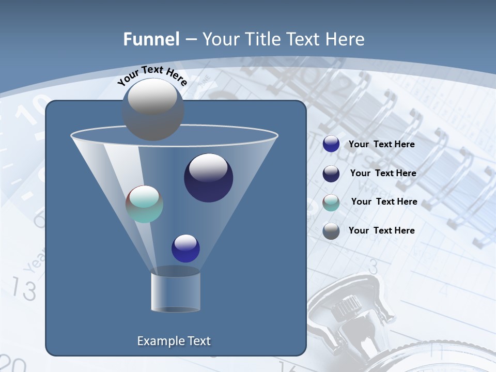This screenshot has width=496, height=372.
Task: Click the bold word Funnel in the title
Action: (151, 39)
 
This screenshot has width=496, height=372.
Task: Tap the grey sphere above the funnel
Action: (153, 110)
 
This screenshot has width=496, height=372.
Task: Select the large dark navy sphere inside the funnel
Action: (209, 178)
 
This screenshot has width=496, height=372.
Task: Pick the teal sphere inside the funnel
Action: (144, 204)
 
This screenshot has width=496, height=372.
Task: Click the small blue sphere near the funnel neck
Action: (185, 248)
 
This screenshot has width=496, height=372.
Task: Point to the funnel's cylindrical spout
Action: (176, 292)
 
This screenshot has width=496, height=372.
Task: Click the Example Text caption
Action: (174, 341)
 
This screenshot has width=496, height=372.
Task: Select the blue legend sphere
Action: (331, 144)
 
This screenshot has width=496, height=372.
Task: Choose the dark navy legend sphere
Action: (331, 174)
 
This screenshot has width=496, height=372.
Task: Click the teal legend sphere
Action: (331, 203)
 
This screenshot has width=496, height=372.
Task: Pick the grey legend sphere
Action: (331, 231)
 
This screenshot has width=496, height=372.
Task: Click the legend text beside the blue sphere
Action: (382, 144)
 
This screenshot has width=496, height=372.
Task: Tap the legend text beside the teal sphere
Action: (384, 202)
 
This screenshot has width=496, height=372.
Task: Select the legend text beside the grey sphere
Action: (382, 230)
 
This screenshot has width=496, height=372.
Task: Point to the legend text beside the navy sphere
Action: (383, 173)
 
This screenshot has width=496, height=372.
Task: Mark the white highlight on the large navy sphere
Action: (208, 167)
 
